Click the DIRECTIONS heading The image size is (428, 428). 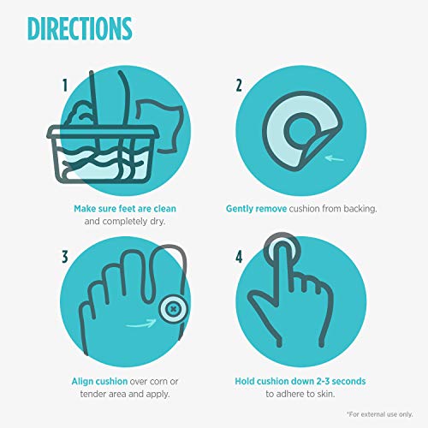(x=80, y=28)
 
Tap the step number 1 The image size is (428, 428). (x=65, y=86)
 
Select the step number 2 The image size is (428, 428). (x=239, y=86)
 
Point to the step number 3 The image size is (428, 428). (x=65, y=257)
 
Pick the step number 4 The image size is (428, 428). (x=239, y=257)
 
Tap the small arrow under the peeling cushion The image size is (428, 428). (x=335, y=158)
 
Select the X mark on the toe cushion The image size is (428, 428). (x=173, y=308)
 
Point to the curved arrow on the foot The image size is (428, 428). (x=142, y=324)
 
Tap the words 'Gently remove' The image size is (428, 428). (x=256, y=209)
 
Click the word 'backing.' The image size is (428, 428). (x=360, y=209)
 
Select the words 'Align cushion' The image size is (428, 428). (x=99, y=381)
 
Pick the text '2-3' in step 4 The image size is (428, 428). (x=323, y=381)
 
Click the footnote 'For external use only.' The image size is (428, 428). (x=380, y=414)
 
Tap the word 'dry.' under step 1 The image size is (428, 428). (x=158, y=222)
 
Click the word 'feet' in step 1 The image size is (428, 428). (x=127, y=209)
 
